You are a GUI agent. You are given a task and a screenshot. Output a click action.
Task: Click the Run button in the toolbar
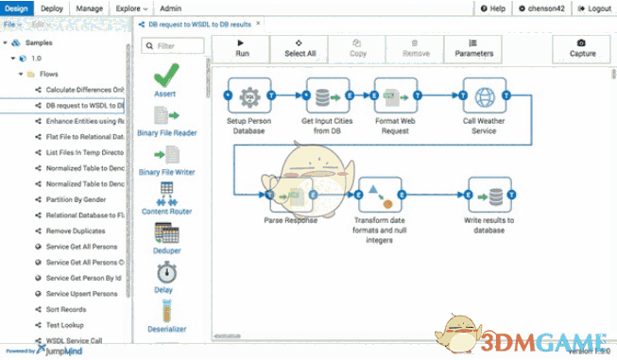(x=242, y=48)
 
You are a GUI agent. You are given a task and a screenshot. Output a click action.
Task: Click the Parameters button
(x=473, y=48)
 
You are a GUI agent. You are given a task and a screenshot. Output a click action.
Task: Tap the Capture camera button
(x=580, y=48)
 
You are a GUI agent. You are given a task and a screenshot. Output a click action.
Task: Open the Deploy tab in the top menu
(x=53, y=8)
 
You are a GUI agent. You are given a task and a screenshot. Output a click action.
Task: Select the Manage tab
(x=90, y=8)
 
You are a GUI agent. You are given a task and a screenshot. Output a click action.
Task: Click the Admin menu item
(x=171, y=8)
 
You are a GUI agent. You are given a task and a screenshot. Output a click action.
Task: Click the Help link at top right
(x=492, y=9)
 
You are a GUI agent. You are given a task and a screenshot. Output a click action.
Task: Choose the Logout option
(x=591, y=9)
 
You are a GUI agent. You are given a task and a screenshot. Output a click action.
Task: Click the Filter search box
(x=172, y=45)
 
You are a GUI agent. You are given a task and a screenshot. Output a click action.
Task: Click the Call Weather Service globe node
(x=485, y=96)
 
